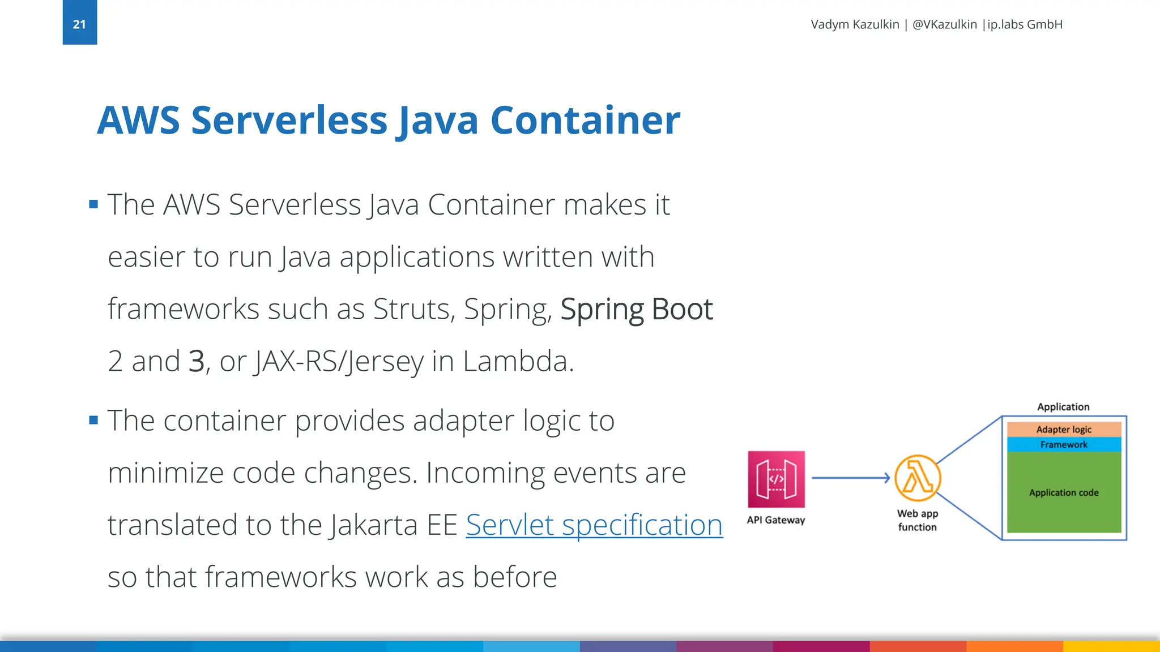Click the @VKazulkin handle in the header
pos(944,24)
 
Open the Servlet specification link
pos(594,525)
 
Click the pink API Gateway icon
pos(776,479)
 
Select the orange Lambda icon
pos(918,478)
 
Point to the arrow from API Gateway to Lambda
pos(850,478)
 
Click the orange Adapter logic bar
pos(1064,430)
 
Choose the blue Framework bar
pos(1064,445)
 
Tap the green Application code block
pos(1064,492)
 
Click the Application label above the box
pos(1063,407)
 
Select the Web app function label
pos(917,520)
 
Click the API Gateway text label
pos(775,520)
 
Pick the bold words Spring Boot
pos(636,310)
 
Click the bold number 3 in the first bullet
pos(196,361)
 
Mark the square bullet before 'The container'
pos(93,420)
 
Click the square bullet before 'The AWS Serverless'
pos(93,204)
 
